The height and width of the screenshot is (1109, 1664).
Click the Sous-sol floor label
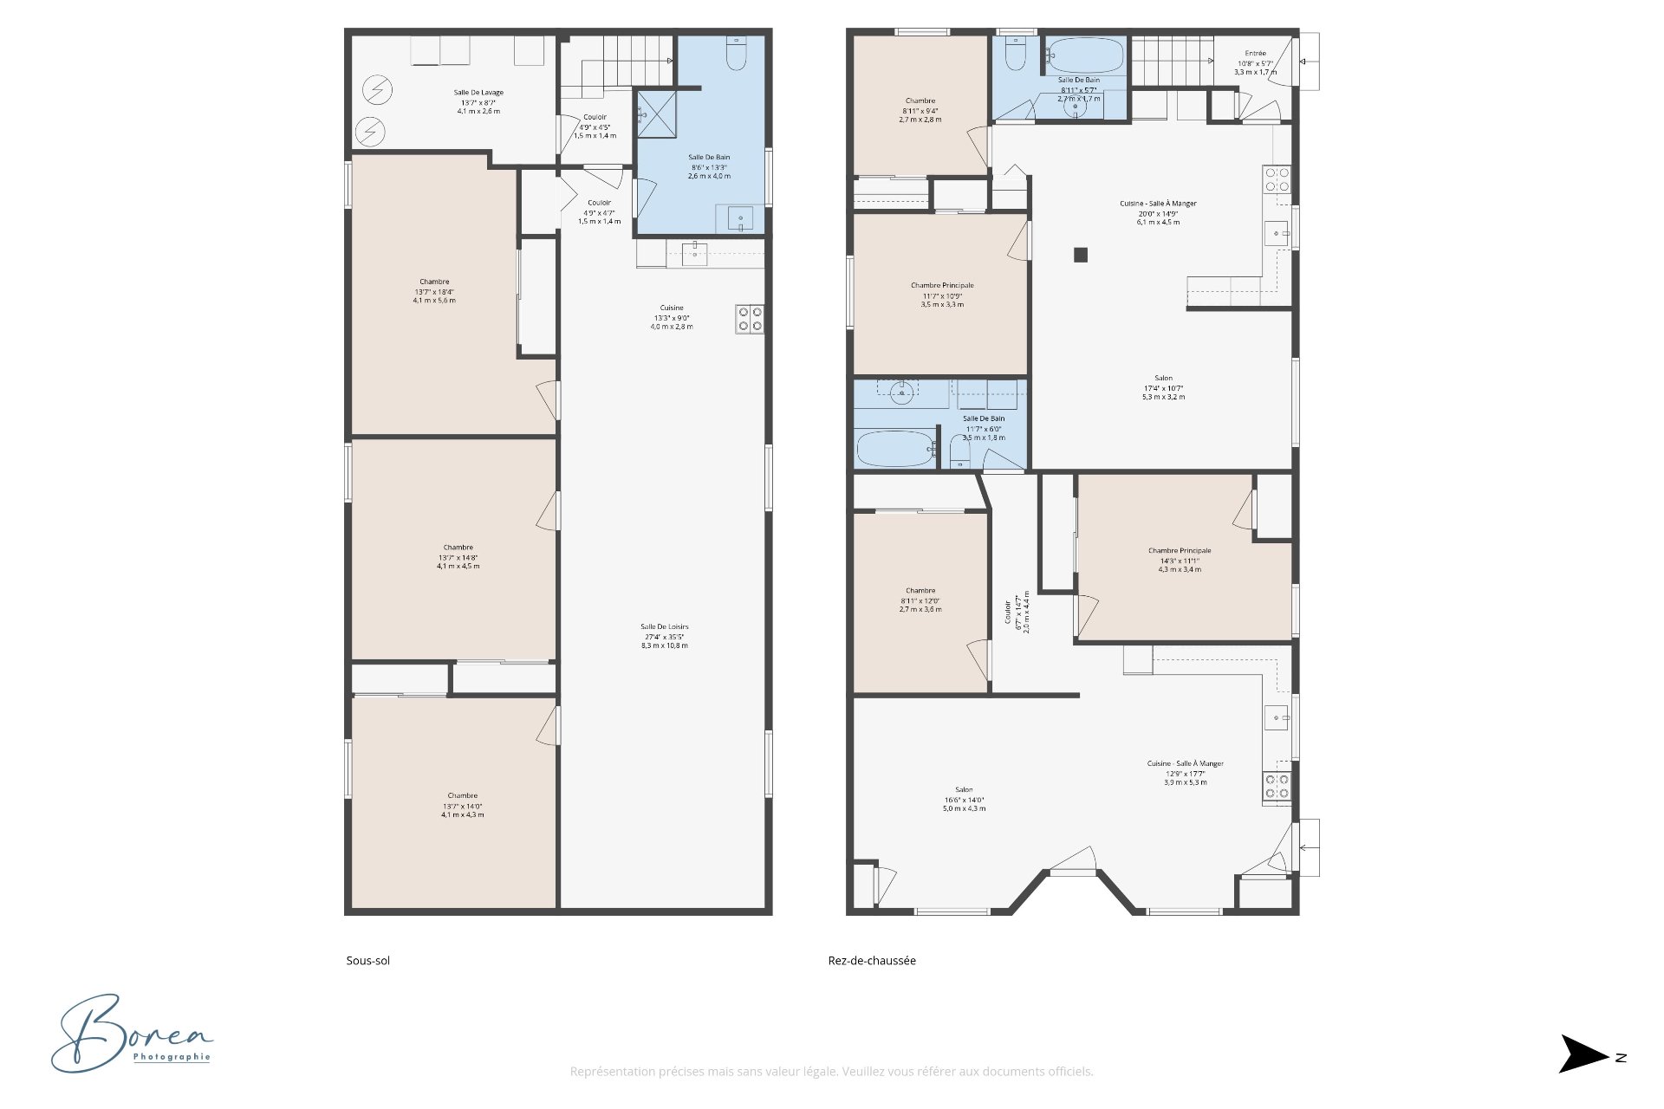click(367, 960)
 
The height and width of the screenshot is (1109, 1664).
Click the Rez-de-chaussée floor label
click(871, 960)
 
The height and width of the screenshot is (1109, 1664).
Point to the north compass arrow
click(1585, 1054)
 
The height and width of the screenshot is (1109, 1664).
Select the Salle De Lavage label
click(478, 101)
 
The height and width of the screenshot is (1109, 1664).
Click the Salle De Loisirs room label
click(665, 636)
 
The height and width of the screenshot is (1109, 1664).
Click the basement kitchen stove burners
click(751, 319)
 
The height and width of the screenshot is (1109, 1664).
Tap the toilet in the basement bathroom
click(737, 56)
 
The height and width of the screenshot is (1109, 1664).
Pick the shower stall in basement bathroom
click(656, 113)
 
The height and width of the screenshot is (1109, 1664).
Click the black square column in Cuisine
click(1081, 255)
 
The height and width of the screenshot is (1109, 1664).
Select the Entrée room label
click(1255, 62)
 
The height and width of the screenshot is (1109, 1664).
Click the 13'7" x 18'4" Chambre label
click(434, 291)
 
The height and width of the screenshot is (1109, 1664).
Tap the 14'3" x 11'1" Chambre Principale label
click(1180, 560)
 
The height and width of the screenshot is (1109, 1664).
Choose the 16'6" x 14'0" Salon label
click(964, 799)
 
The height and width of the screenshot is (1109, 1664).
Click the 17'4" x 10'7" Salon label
click(1163, 387)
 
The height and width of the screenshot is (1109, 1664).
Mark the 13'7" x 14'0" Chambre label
click(462, 805)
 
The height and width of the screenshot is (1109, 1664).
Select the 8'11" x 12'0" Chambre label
click(920, 600)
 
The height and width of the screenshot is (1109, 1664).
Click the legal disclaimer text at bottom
click(831, 1072)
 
